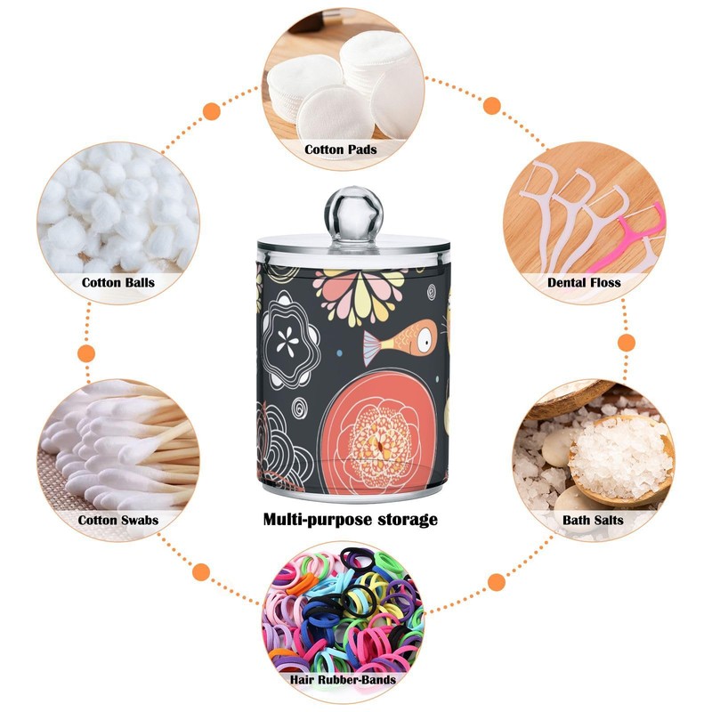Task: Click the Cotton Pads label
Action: click(341, 150)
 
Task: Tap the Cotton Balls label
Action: click(118, 283)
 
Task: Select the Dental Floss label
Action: click(584, 283)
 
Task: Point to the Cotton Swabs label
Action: click(118, 519)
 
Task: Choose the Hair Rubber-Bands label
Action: click(342, 679)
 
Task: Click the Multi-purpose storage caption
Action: click(350, 519)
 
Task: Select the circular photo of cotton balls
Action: click(117, 214)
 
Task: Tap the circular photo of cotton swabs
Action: click(117, 445)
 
